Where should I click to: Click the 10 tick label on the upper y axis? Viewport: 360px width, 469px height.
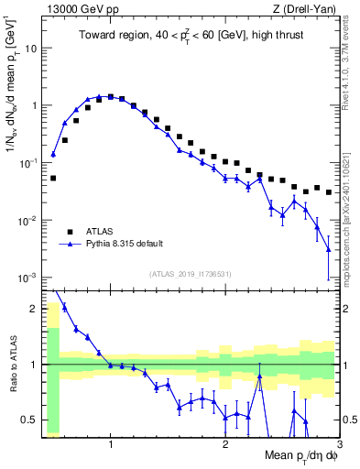(x=31, y=48)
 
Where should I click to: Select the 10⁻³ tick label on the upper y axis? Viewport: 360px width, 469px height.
(x=28, y=277)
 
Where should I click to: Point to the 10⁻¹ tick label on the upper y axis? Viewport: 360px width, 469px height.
(x=28, y=162)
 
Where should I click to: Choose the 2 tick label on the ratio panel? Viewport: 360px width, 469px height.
(x=35, y=309)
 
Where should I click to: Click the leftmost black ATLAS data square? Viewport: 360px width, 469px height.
(x=53, y=178)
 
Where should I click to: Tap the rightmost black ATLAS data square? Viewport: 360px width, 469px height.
(x=329, y=192)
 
